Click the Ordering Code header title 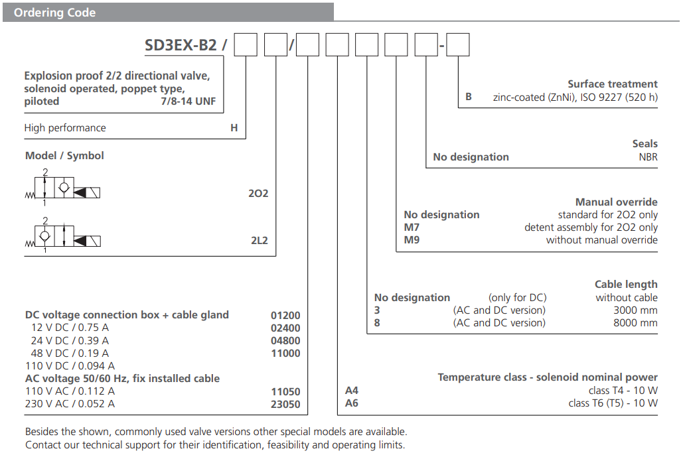click(x=55, y=13)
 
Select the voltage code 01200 click(x=285, y=316)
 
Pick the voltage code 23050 click(x=285, y=404)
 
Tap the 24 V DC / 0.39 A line click(x=70, y=341)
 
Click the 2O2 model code click(x=258, y=194)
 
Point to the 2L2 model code click(x=259, y=240)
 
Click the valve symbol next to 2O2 click(x=63, y=189)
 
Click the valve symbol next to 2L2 click(x=63, y=235)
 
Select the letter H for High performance click(x=234, y=128)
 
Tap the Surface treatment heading click(x=612, y=84)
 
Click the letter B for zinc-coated click(x=469, y=97)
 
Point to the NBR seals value click(x=648, y=157)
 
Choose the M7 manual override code click(x=412, y=228)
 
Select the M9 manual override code click(x=412, y=240)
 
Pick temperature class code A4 click(x=352, y=391)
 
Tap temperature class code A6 click(x=352, y=403)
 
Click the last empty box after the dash click(x=459, y=45)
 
